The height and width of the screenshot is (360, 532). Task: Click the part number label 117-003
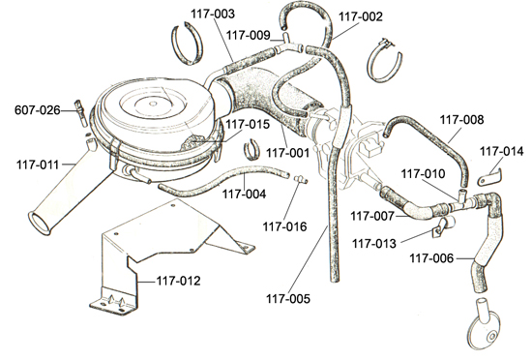click(213, 14)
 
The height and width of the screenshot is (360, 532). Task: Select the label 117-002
click(361, 16)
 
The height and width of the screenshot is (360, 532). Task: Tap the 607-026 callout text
click(38, 110)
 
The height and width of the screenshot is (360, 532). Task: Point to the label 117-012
click(179, 281)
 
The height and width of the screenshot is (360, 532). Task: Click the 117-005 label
click(288, 299)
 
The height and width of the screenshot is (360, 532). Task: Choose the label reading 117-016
click(284, 226)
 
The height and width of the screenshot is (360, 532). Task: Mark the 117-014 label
click(501, 152)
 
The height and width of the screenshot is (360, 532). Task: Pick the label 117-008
click(461, 120)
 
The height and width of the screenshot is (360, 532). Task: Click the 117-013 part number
click(374, 244)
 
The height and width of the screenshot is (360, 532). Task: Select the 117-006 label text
click(431, 258)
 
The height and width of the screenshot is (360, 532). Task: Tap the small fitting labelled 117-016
click(300, 179)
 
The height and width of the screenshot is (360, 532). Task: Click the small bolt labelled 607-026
click(81, 113)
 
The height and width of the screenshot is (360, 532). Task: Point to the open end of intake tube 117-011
click(41, 224)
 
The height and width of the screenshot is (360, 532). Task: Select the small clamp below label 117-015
click(252, 149)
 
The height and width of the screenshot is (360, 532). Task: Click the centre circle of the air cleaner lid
click(154, 104)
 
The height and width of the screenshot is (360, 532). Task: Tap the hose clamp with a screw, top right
click(384, 61)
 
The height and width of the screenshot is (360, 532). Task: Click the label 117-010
click(423, 174)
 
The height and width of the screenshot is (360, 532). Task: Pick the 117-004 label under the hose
click(244, 195)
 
